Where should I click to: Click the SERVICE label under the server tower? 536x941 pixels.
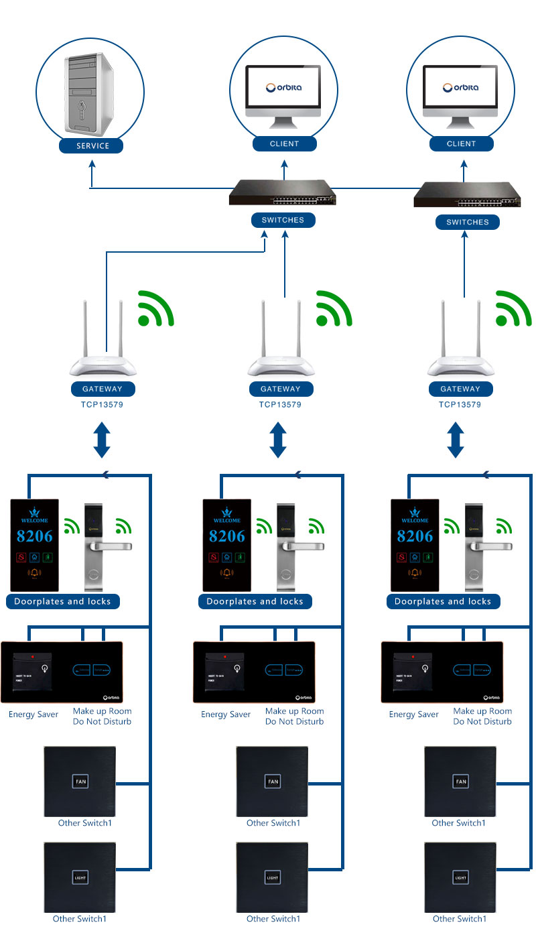92,145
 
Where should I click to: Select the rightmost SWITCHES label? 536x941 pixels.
467,222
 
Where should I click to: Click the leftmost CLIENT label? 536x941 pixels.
284,143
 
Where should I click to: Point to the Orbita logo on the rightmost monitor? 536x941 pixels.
461,87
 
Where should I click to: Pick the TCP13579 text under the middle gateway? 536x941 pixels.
280,405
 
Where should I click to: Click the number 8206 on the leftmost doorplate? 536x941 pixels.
34,536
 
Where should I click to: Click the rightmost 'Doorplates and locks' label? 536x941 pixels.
443,602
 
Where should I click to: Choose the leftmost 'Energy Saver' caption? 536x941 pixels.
33,714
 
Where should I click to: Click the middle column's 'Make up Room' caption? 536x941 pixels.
294,711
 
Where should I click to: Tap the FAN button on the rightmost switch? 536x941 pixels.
461,781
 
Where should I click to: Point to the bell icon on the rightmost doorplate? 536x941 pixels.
415,574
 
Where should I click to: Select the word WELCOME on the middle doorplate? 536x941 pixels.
226,520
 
